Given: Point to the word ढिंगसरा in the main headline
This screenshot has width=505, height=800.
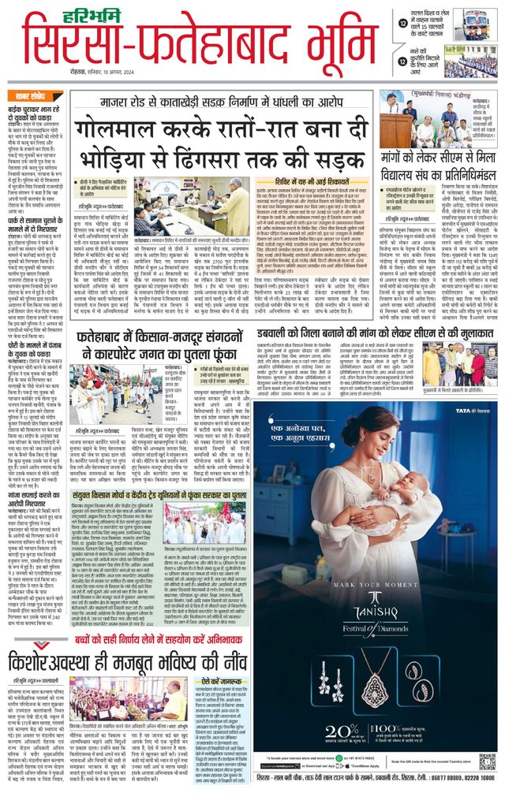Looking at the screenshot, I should point(256,157).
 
